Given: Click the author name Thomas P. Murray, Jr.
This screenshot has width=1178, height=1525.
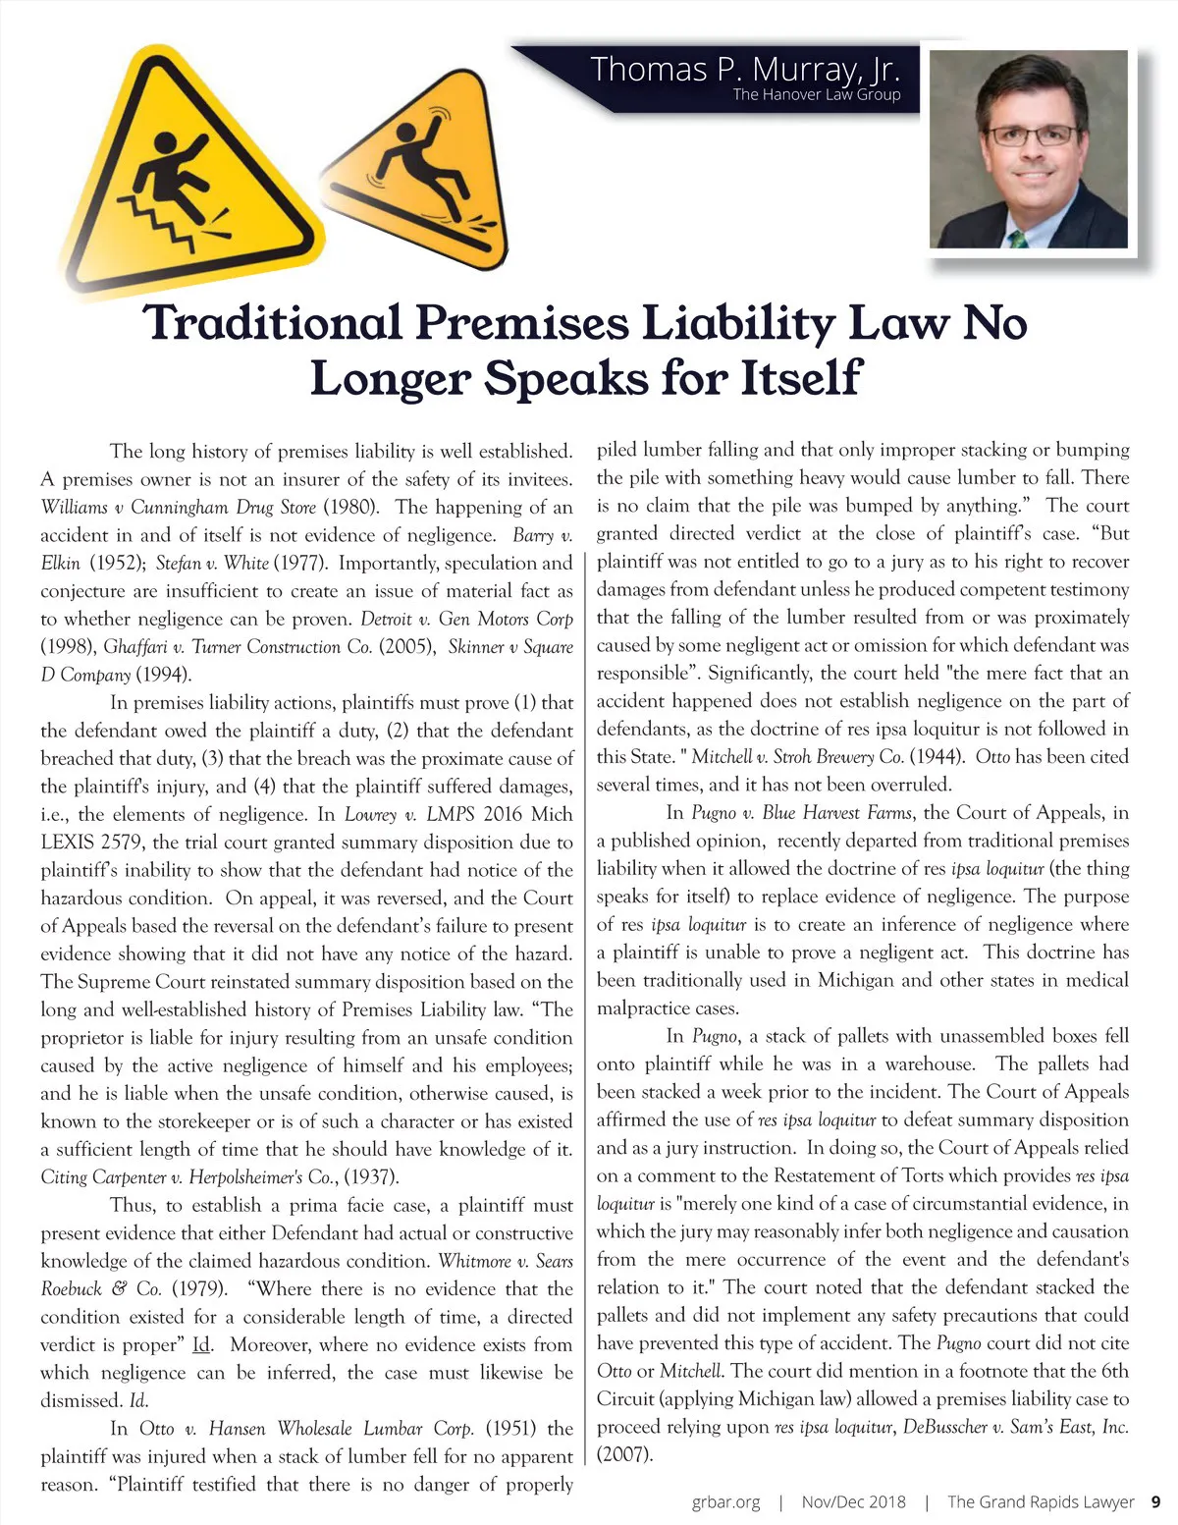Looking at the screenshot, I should [x=745, y=70].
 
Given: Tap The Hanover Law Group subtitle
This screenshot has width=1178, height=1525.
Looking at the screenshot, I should [x=816, y=95].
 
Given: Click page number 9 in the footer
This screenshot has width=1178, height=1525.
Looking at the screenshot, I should [x=1155, y=1501].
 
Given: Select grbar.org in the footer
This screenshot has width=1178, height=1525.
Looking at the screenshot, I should [x=725, y=1501].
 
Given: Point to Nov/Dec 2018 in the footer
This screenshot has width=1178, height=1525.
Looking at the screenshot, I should [x=853, y=1501].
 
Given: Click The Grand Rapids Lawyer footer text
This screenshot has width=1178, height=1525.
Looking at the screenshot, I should [x=1040, y=1501].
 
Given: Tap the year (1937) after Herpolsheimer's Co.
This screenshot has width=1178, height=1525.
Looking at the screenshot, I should [x=371, y=1177].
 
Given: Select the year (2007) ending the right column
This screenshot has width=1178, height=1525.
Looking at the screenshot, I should [x=624, y=1454].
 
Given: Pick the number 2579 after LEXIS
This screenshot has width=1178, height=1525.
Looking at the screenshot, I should [x=121, y=843].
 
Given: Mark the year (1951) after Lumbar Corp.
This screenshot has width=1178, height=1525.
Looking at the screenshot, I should [x=510, y=1428].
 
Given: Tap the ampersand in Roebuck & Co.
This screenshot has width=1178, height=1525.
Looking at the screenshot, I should [x=116, y=1288].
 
